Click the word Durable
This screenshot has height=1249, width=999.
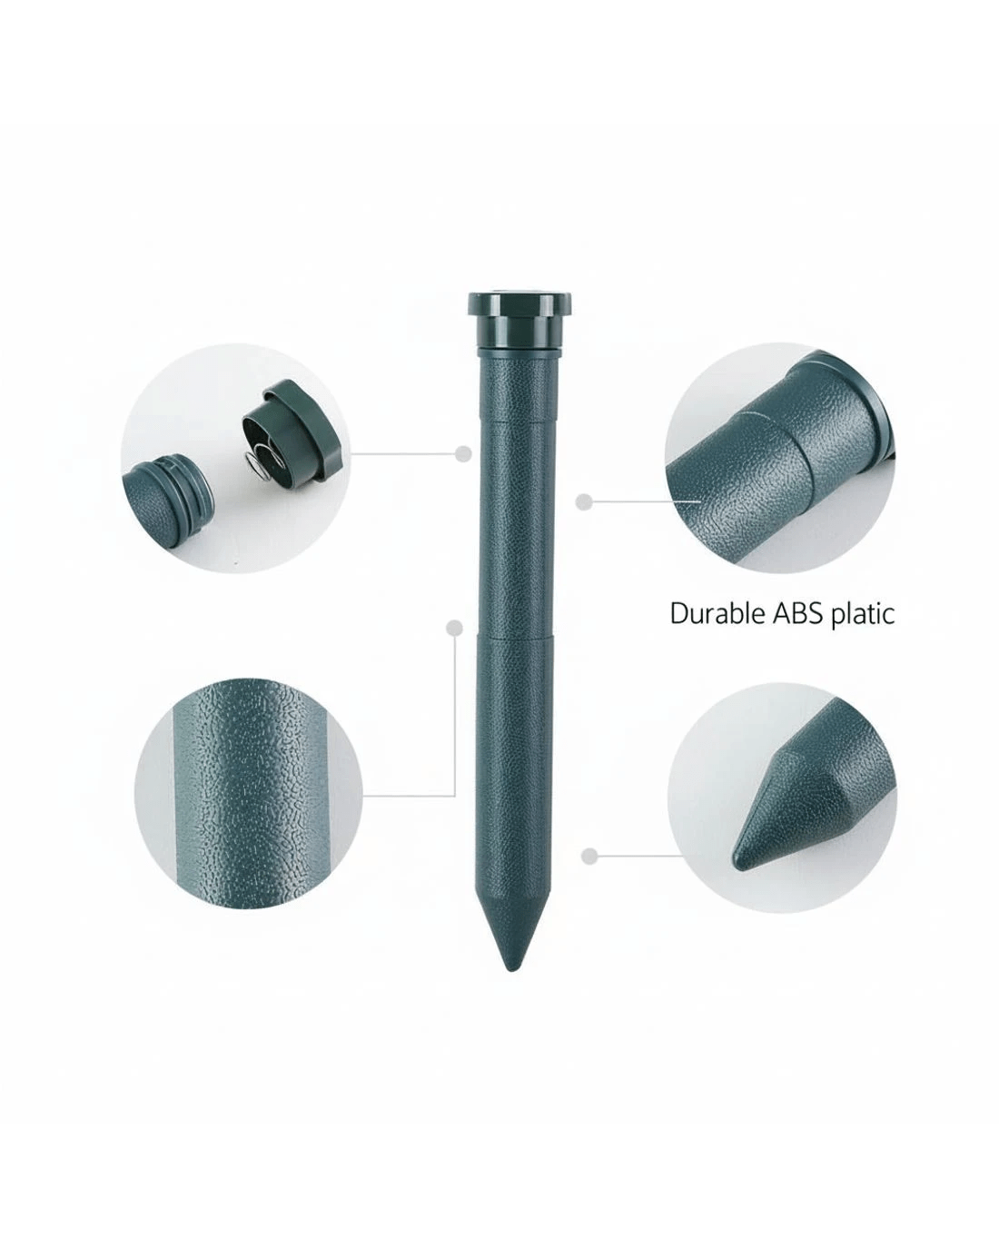tap(717, 613)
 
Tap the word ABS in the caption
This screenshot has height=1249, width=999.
tap(797, 614)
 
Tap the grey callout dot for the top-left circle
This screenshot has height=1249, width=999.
tap(462, 453)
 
